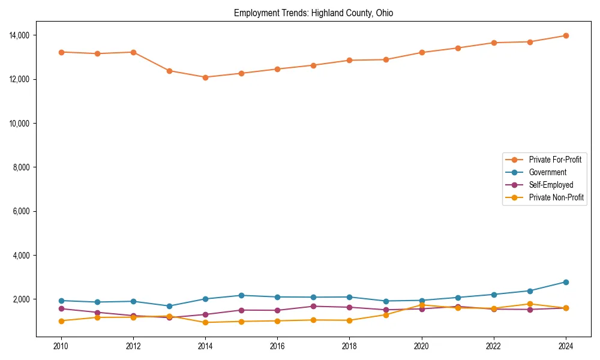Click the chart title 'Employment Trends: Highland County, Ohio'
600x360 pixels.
[x=313, y=13]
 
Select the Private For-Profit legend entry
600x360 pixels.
[x=555, y=160]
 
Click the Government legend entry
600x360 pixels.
[x=547, y=172]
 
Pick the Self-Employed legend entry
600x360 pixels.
[x=551, y=185]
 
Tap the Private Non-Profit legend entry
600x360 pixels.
[x=556, y=197]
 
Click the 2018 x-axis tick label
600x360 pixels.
[x=349, y=346]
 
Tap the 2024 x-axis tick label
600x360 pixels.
[x=565, y=346]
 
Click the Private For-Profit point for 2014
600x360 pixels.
[x=205, y=77]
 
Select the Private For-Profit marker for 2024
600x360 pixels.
[x=565, y=35]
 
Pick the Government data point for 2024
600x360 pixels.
[x=565, y=282]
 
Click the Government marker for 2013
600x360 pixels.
[x=169, y=306]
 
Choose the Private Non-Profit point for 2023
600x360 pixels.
[x=529, y=304]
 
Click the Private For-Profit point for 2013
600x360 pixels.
[x=169, y=71]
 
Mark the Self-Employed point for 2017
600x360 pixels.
[x=313, y=307]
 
